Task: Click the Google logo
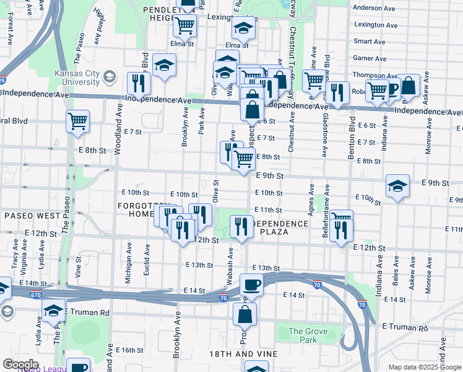tap(20, 365)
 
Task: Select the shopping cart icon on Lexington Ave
tap(184, 26)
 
